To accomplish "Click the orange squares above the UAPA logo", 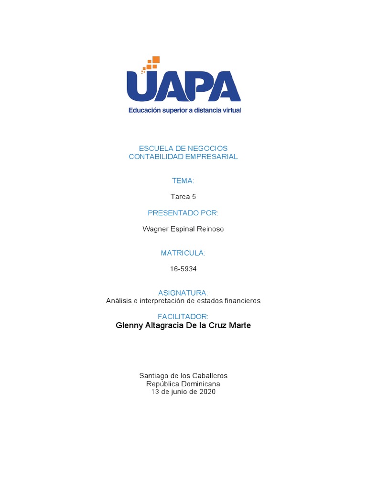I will click(x=152, y=64).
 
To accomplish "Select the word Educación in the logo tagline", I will click(x=143, y=110).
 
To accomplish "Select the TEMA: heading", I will click(x=183, y=181).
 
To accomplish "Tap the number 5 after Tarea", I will click(x=194, y=197).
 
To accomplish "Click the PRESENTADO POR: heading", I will click(x=183, y=213).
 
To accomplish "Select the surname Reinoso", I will click(x=209, y=229).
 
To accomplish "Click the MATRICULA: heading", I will click(x=183, y=253).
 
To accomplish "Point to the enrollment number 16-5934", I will click(x=183, y=269).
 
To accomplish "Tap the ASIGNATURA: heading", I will click(x=183, y=292).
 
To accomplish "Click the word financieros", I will click(x=241, y=301).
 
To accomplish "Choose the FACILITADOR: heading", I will click(x=183, y=317).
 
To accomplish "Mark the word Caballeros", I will click(x=207, y=376).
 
